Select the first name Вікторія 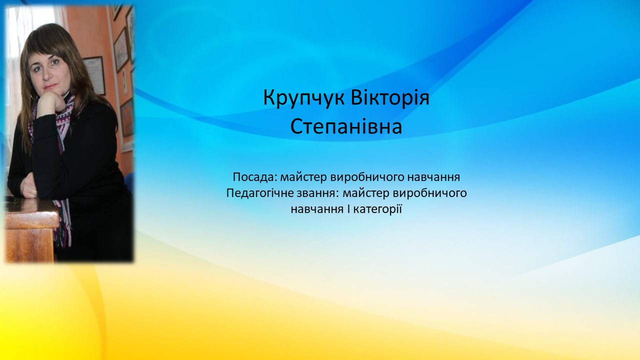click(x=390, y=97)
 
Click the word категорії click(x=377, y=209)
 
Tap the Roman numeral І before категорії click(x=348, y=209)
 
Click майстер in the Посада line click(x=303, y=177)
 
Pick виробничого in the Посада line click(x=366, y=178)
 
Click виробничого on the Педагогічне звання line click(x=430, y=194)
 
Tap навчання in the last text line click(x=317, y=209)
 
